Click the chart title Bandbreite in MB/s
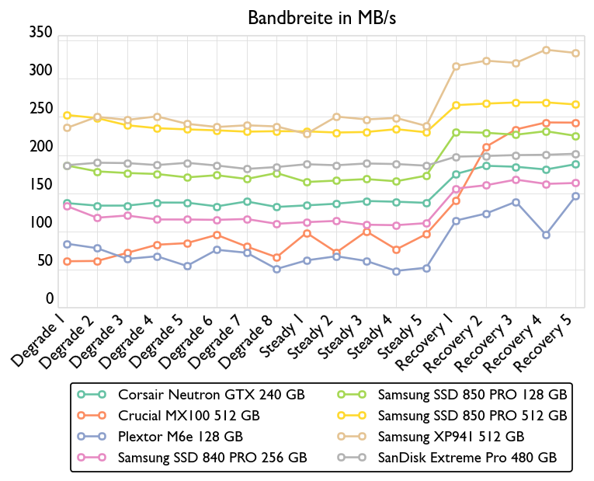pos(321,17)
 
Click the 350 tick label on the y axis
pos(40,33)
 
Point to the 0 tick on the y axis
pos(49,299)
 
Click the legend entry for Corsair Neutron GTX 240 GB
pos(211,394)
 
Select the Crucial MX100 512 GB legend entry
pos(189,415)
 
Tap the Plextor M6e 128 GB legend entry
pos(180,436)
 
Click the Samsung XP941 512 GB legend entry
pos(450,436)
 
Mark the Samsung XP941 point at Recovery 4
pos(546,50)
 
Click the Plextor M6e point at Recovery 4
pos(546,235)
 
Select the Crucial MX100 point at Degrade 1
pos(67,261)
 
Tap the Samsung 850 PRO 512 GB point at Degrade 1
pos(67,115)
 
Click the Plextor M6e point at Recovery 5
pos(575,196)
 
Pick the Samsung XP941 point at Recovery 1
pos(457,66)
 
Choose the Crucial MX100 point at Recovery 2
pos(486,147)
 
